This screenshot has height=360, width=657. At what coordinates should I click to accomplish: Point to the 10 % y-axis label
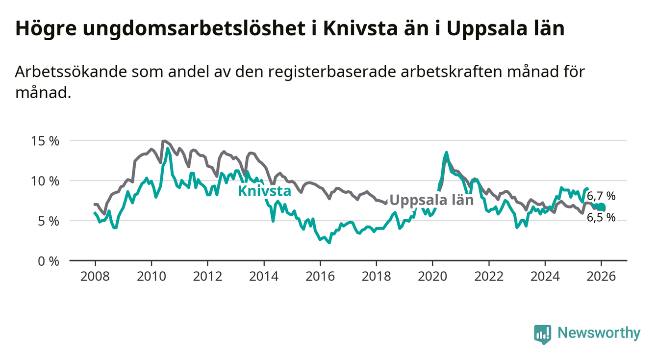47,181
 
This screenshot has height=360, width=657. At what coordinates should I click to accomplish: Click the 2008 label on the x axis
95,276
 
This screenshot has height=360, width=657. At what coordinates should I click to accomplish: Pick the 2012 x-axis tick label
207,276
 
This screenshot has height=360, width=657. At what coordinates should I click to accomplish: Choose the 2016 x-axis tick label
320,276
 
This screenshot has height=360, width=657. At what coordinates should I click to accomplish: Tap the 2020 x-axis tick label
432,276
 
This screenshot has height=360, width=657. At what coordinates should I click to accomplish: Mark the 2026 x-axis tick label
601,276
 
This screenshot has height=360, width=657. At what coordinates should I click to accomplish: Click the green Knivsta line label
264,191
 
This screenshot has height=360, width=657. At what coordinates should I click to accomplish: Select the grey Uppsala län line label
431,200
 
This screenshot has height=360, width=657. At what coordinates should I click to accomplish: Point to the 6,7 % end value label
601,196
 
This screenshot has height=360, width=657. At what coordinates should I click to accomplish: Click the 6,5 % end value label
601,218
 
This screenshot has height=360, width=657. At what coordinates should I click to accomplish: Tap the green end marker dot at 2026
602,207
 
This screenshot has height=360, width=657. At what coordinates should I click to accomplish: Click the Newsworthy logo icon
542,334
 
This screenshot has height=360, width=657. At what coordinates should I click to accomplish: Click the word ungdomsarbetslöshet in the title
195,28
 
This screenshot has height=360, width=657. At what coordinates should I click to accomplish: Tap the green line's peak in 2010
168,148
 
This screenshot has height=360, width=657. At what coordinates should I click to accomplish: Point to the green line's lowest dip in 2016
328,242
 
